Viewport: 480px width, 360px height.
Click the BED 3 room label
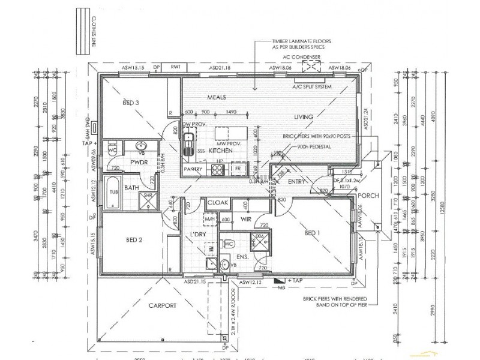point(131,103)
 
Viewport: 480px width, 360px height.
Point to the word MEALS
point(216,97)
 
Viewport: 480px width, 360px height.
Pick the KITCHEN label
point(220,152)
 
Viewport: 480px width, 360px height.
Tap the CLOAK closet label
point(217,203)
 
